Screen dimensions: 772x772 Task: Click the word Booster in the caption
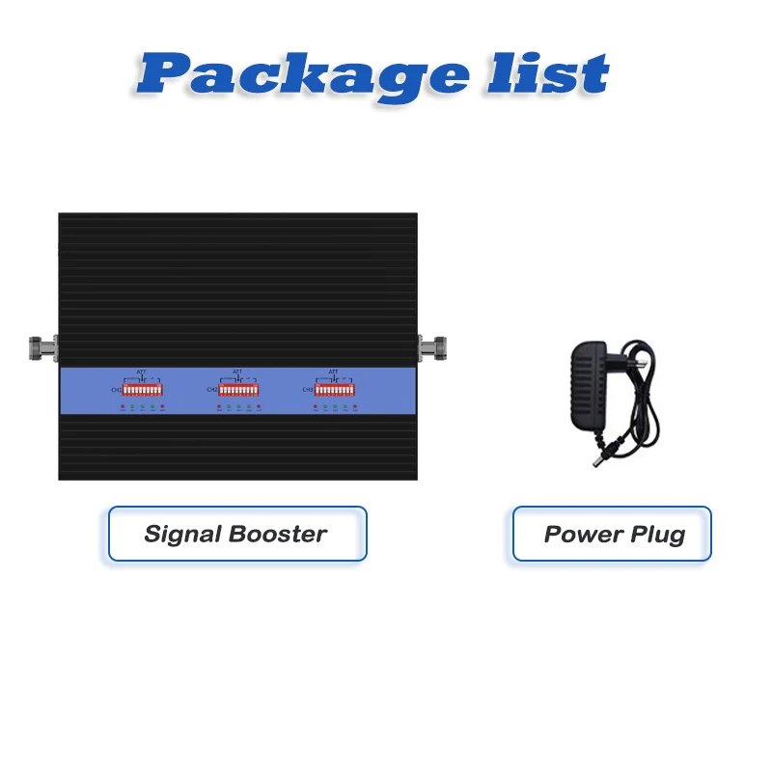point(276,534)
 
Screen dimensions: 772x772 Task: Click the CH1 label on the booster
point(116,390)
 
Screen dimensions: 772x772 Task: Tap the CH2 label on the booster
point(211,390)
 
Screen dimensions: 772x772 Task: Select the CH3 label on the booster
point(308,390)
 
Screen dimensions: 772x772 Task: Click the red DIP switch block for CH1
point(143,390)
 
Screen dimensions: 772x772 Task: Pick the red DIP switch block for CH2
point(238,390)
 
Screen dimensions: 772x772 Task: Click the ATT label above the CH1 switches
point(141,372)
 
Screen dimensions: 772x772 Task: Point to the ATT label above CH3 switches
point(333,372)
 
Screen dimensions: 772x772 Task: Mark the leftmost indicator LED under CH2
point(219,407)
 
